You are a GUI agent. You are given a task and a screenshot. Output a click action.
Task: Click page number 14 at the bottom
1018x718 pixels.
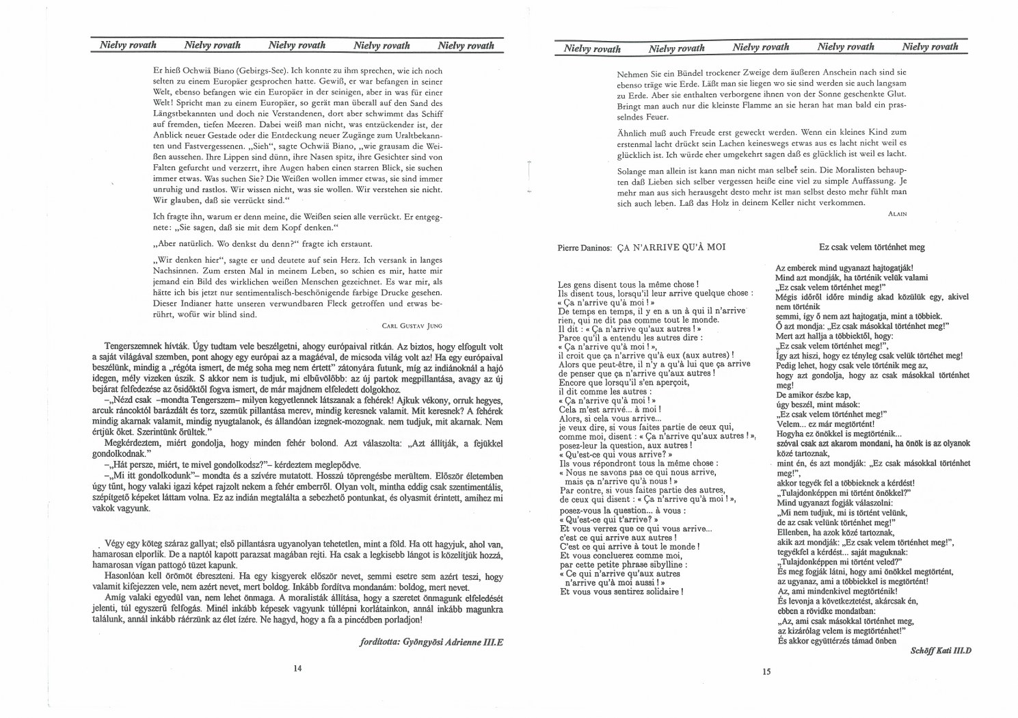pos(297,668)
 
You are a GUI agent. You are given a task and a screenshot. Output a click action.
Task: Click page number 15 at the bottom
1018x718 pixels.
pos(766,672)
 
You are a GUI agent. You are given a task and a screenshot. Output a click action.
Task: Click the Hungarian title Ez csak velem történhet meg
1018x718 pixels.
pos(872,247)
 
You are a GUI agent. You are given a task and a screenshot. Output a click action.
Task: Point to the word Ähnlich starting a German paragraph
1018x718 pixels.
pos(630,132)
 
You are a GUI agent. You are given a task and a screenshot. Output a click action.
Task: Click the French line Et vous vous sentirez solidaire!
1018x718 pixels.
pos(621,591)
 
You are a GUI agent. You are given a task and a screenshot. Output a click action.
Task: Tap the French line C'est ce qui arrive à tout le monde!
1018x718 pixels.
pos(629,546)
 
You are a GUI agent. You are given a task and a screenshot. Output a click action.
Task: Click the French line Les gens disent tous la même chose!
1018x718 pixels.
pos(628,284)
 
